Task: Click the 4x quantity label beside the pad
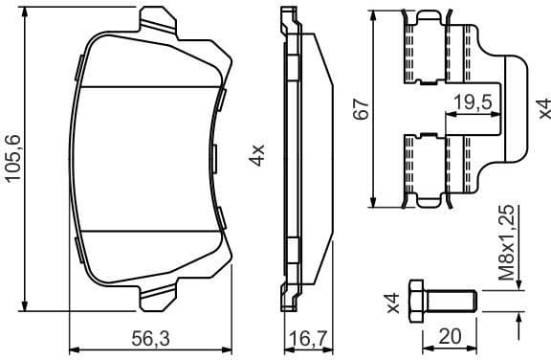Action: (x=255, y=155)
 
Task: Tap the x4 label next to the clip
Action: (x=542, y=107)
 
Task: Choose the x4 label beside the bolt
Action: (x=392, y=303)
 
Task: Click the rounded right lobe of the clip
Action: (x=510, y=107)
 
